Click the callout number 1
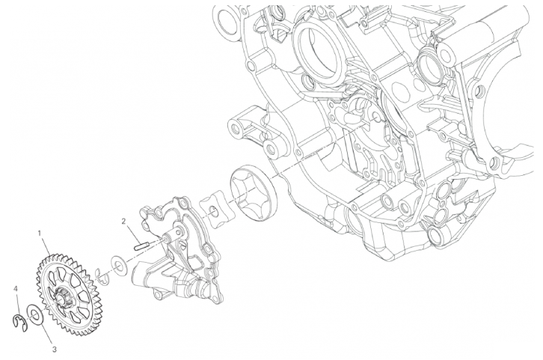tap(40, 234)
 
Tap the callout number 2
tap(123, 221)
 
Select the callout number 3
tap(55, 350)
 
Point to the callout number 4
tap(15, 288)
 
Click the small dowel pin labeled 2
tap(141, 246)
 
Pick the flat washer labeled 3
tap(35, 314)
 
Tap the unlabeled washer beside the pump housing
tap(119, 266)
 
